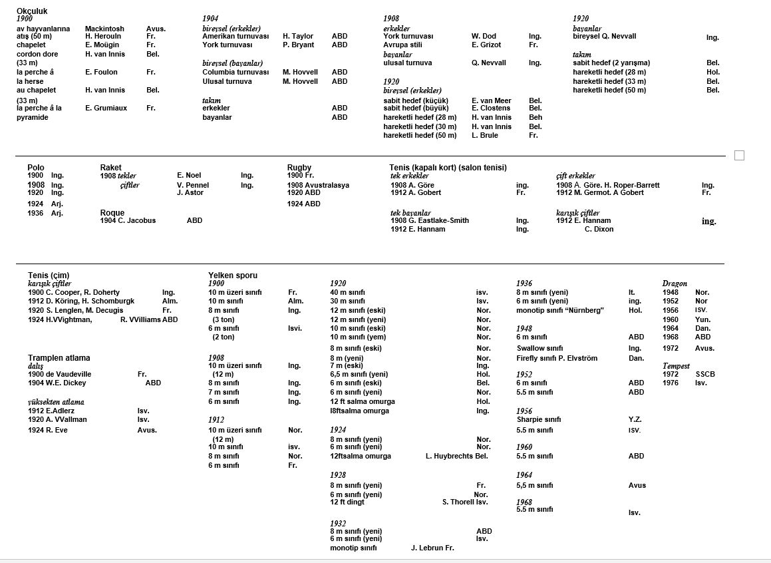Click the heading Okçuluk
tap(32, 11)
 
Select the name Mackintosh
tap(104, 29)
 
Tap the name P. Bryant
tap(298, 45)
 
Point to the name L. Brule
tap(485, 136)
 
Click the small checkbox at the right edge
tap(739, 156)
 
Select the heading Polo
tap(36, 168)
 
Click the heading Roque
tap(112, 213)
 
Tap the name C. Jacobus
tap(137, 220)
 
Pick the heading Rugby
tap(299, 168)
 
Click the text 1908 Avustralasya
tap(318, 185)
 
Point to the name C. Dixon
tap(599, 229)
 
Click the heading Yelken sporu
tap(233, 275)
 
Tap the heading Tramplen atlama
tap(59, 358)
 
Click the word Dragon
tap(675, 283)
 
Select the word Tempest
tap(676, 366)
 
